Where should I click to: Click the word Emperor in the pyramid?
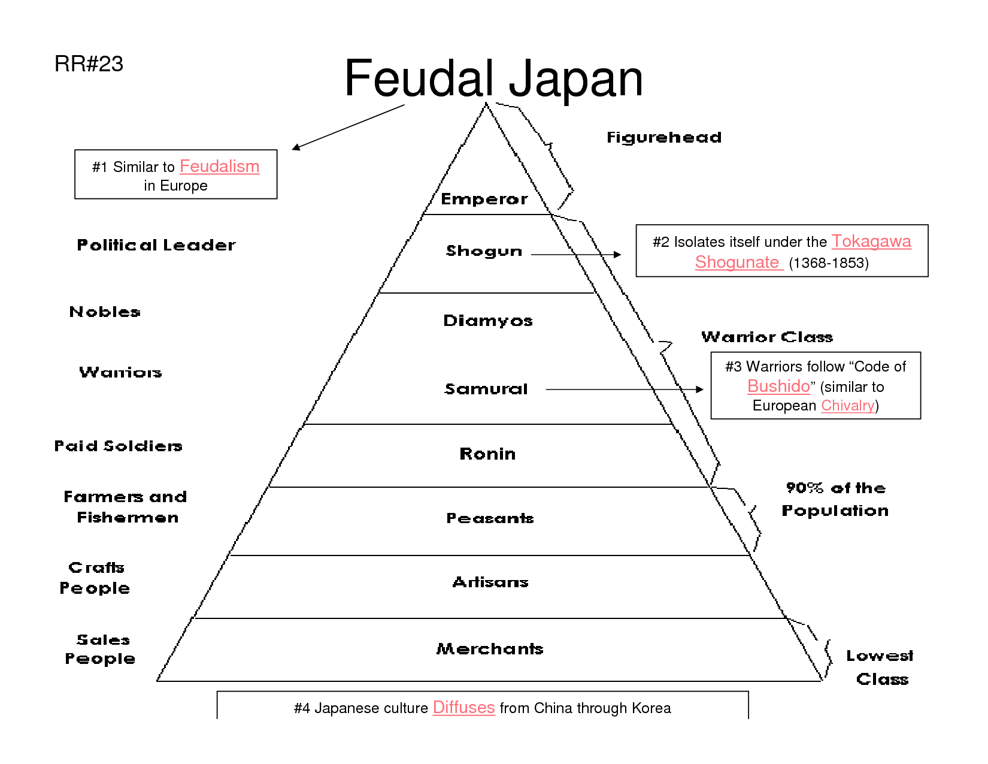click(x=484, y=199)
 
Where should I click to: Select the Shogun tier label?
click(x=484, y=251)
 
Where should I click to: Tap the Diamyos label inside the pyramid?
click(x=488, y=321)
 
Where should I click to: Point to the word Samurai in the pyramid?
click(x=486, y=389)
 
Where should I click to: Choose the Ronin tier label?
click(x=487, y=454)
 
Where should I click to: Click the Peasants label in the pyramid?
click(x=490, y=518)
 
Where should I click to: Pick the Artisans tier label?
click(x=490, y=582)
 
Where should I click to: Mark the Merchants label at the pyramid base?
click(x=490, y=648)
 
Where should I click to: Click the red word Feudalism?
click(x=219, y=167)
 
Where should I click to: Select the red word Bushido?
click(x=778, y=386)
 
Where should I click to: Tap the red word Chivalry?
click(x=847, y=406)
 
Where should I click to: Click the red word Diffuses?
click(x=463, y=708)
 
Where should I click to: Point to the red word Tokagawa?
click(x=871, y=241)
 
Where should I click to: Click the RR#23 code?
click(x=89, y=64)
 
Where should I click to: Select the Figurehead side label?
click(x=664, y=137)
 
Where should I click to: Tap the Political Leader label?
click(x=156, y=245)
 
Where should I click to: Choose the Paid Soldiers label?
click(x=119, y=446)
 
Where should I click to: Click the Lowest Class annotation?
click(x=880, y=667)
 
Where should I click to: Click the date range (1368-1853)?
click(x=829, y=263)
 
